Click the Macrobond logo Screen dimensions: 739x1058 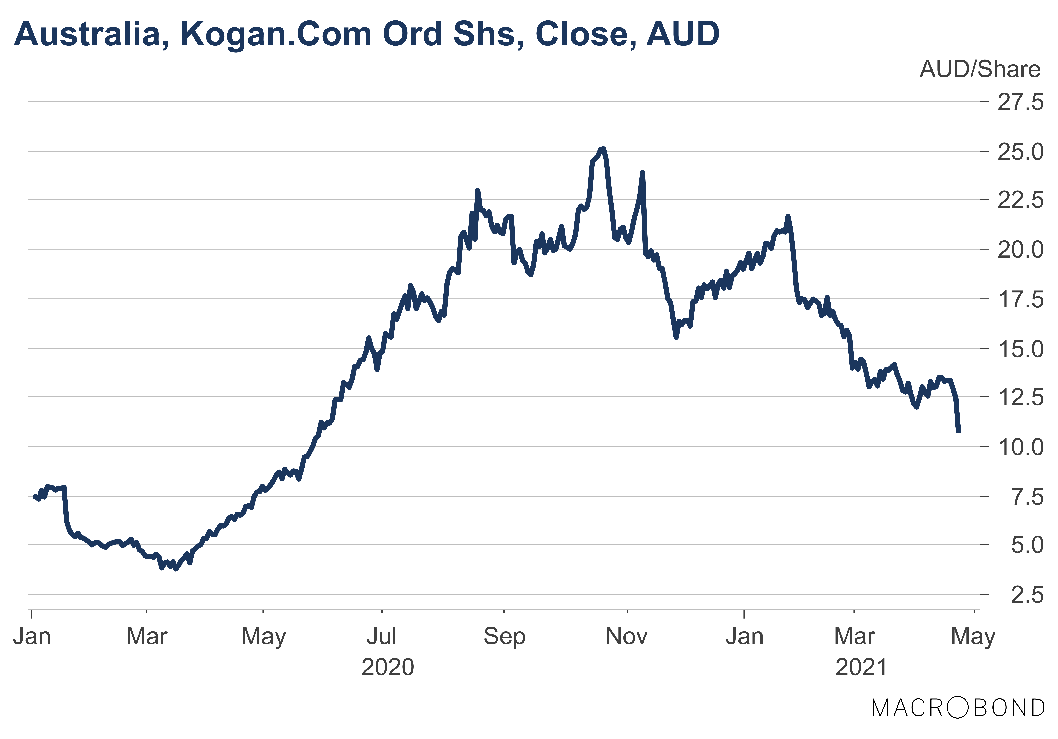point(958,708)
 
